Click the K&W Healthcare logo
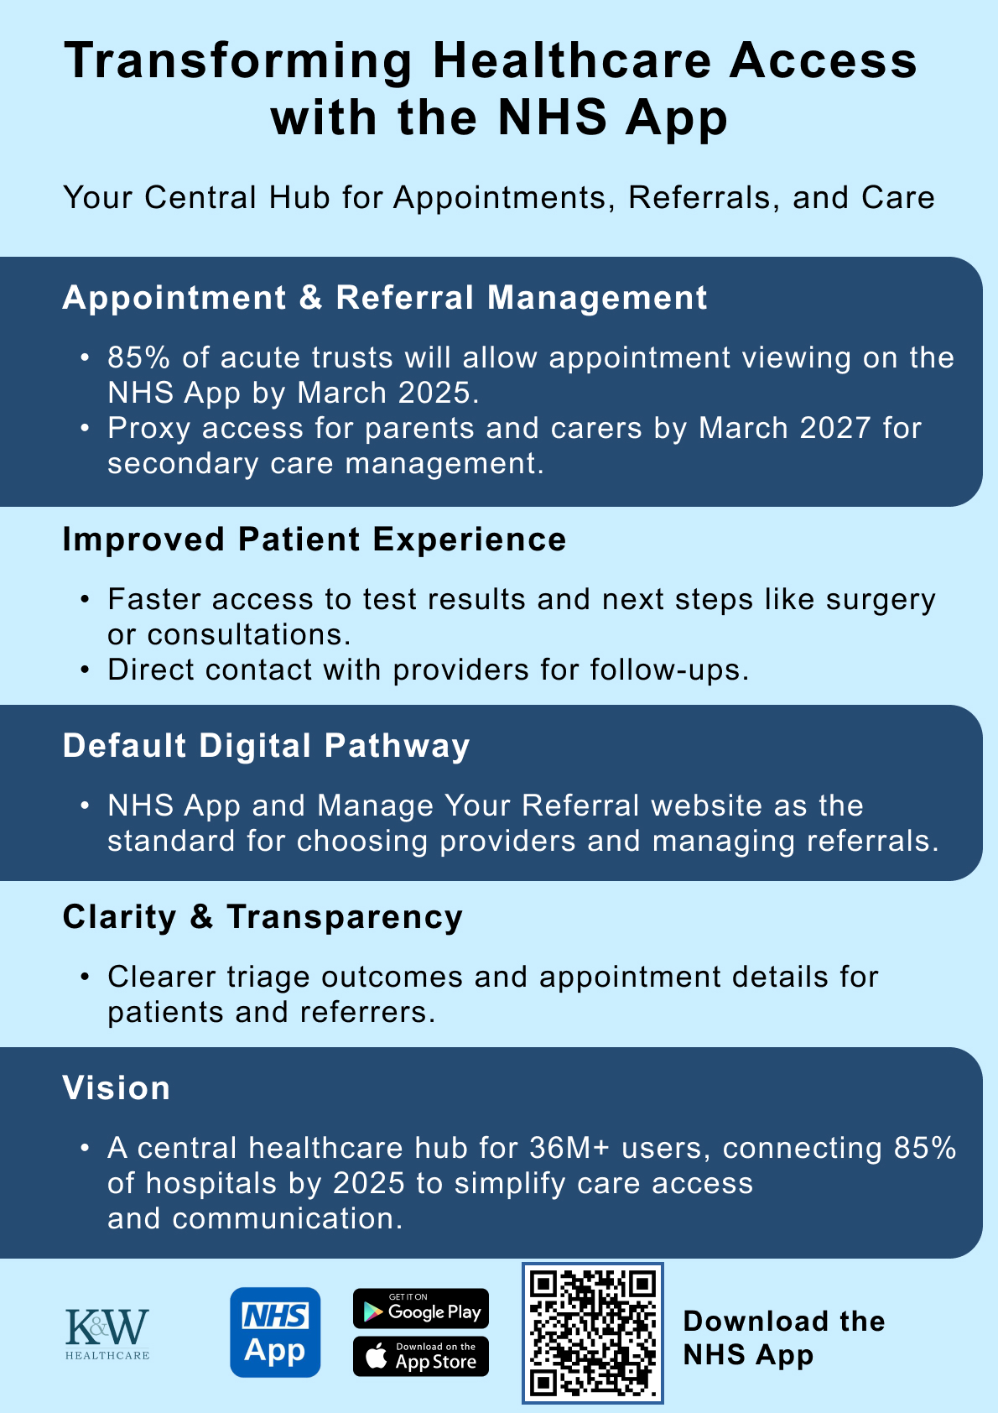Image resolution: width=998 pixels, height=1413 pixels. click(107, 1332)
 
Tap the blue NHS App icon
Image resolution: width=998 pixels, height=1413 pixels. click(275, 1332)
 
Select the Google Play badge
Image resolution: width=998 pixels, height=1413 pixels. click(420, 1309)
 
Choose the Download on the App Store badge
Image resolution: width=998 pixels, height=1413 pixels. click(420, 1357)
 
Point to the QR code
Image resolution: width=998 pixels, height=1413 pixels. click(593, 1332)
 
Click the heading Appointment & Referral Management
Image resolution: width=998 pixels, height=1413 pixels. click(385, 298)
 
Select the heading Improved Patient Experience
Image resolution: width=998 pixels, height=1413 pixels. click(314, 540)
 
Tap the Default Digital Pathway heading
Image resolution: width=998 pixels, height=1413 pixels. click(266, 746)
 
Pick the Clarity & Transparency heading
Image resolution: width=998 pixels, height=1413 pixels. click(262, 917)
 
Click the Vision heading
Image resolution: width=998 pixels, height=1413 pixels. click(117, 1088)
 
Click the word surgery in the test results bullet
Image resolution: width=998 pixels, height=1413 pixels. click(881, 600)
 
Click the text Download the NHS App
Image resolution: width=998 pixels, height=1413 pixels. click(783, 1337)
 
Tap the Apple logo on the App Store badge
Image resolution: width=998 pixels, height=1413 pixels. click(377, 1358)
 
